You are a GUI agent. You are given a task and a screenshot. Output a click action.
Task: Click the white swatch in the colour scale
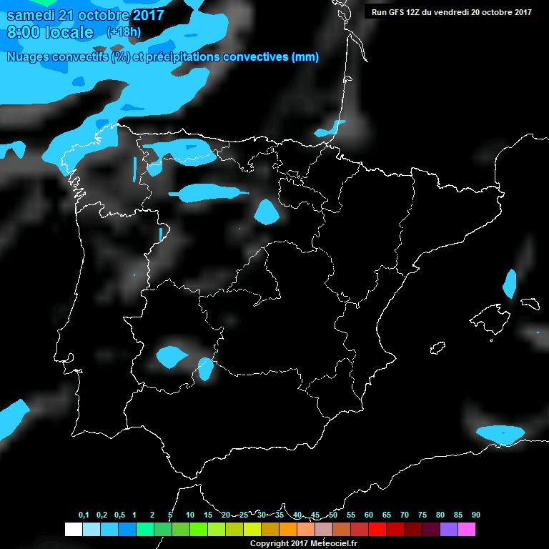tap(73, 529)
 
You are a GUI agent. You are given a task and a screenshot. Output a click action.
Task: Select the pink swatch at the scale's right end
tap(467, 529)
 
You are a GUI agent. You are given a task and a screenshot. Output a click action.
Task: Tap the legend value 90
tap(475, 515)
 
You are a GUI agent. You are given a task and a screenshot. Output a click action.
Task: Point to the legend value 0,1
tap(84, 515)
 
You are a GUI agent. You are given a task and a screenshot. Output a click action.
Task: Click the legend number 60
tap(369, 515)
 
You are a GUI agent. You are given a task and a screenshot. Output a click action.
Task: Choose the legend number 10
tap(189, 515)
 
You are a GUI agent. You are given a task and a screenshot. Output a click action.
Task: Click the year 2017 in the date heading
tap(149, 15)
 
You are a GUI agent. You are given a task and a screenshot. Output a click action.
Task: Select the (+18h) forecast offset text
tap(124, 32)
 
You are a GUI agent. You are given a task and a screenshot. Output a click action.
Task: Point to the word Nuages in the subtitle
tap(29, 57)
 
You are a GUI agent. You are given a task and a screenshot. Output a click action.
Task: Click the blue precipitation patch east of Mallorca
tap(510, 284)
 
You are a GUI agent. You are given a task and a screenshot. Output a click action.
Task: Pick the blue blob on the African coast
tap(500, 434)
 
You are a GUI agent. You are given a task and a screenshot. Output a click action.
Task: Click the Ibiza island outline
tap(437, 347)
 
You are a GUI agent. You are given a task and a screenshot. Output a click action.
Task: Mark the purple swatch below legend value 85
tap(449, 529)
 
